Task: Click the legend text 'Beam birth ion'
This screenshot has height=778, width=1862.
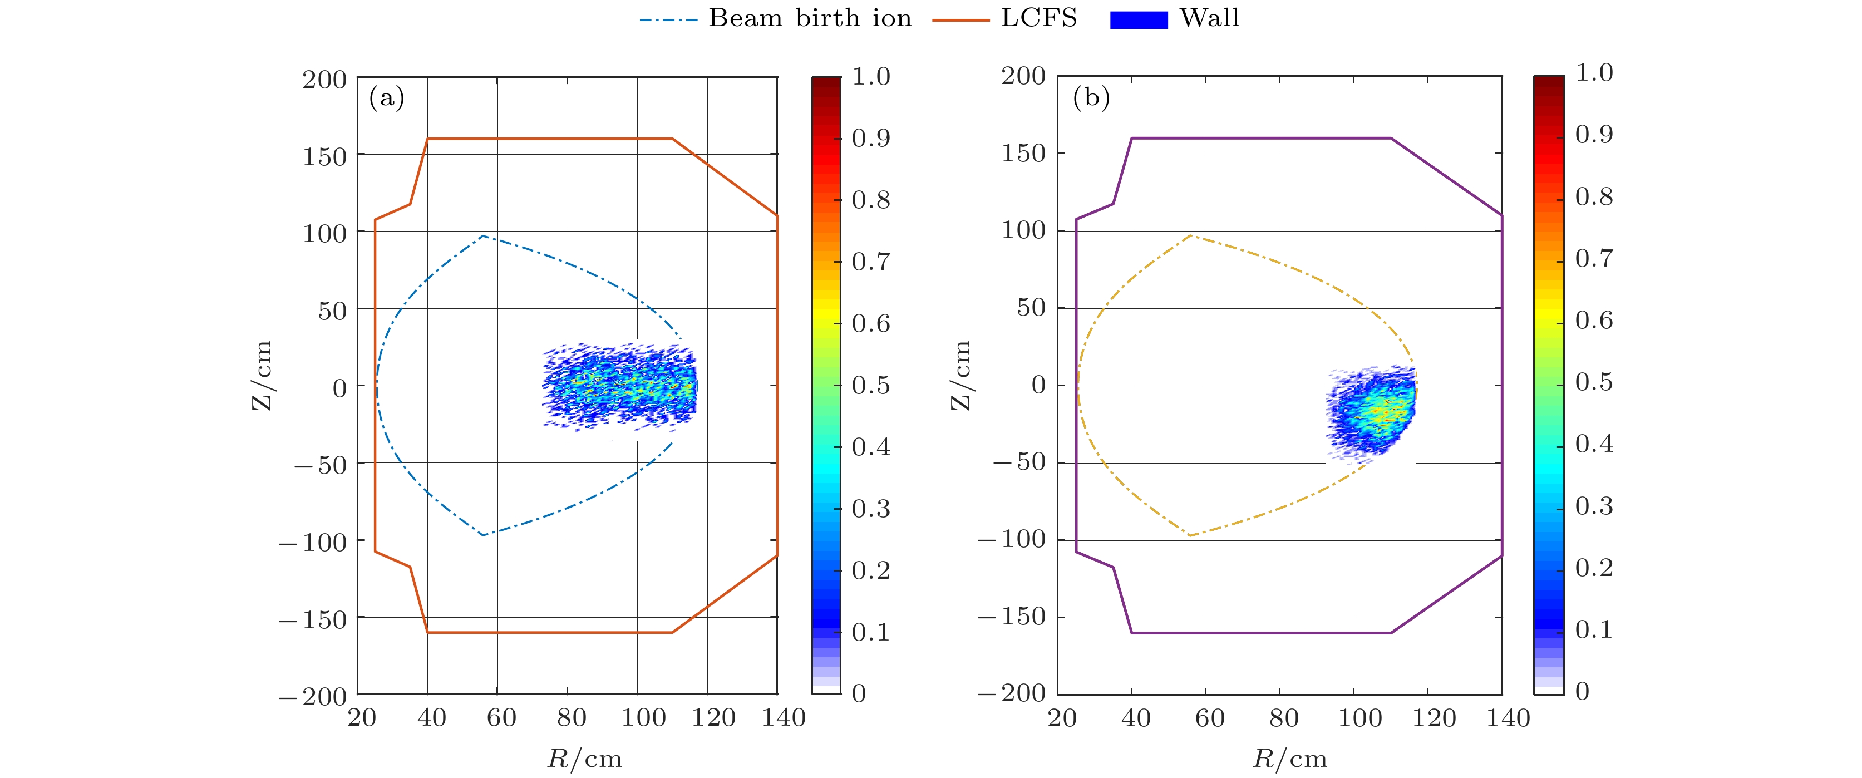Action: click(810, 18)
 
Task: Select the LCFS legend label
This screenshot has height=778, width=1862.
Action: click(1039, 18)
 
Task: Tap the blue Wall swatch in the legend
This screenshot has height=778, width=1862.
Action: click(1139, 19)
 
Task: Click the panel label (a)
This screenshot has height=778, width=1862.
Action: click(387, 97)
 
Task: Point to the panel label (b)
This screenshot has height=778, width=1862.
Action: click(1091, 97)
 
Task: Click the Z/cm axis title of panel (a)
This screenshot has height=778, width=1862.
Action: click(262, 375)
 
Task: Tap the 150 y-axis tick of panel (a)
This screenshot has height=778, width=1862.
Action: click(324, 156)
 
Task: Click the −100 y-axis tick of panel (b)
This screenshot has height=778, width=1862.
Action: click(1011, 539)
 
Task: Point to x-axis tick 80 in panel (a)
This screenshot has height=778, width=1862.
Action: click(571, 717)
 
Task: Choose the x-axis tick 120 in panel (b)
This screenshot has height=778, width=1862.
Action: click(1434, 718)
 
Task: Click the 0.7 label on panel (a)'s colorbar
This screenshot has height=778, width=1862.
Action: click(870, 261)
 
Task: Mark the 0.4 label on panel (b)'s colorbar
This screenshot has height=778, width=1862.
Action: click(1593, 443)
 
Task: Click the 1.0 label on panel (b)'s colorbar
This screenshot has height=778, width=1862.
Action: click(1594, 72)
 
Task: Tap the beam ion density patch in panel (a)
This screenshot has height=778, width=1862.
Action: click(620, 387)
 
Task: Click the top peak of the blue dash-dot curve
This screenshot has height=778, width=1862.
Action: click(483, 236)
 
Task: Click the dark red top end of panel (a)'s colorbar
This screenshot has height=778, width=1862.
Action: click(826, 81)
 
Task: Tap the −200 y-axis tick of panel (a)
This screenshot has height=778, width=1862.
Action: click(313, 696)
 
